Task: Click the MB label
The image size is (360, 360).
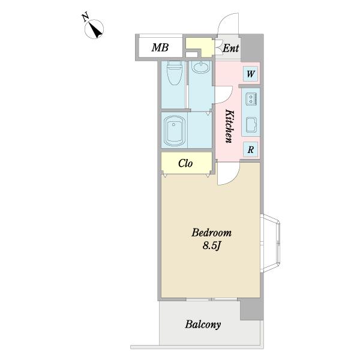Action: [x=160, y=47]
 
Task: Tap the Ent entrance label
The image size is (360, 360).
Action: [x=231, y=48]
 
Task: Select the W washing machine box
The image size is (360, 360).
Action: [x=250, y=74]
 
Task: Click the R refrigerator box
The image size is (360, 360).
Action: [x=250, y=149]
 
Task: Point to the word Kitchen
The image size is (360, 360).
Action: [x=230, y=126]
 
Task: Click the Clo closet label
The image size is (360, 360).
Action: [x=185, y=163]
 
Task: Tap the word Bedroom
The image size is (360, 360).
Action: [x=211, y=233]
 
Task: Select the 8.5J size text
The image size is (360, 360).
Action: [x=211, y=245]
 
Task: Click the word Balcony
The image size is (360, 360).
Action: [x=203, y=325]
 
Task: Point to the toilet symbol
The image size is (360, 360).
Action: [x=175, y=73]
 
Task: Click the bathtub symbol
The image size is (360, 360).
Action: [x=175, y=131]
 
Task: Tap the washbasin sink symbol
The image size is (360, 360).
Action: [x=200, y=67]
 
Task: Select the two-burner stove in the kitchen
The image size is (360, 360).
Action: [x=251, y=99]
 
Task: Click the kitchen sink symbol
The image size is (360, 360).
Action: [x=251, y=125]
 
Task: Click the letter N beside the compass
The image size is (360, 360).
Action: [x=85, y=17]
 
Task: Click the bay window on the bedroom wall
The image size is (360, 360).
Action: [x=271, y=244]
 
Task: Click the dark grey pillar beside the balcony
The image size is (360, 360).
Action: [x=252, y=310]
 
